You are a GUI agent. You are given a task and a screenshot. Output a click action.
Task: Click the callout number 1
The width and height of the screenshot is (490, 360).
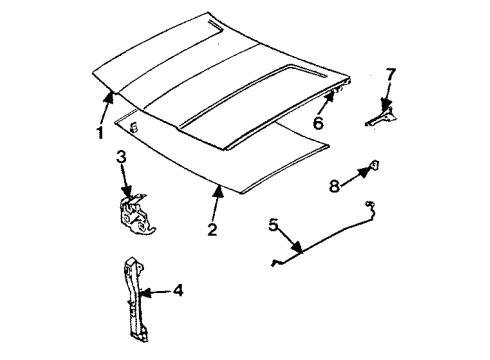pyautogui.click(x=99, y=133)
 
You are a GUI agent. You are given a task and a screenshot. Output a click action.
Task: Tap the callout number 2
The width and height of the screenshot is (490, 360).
pyautogui.click(x=212, y=229)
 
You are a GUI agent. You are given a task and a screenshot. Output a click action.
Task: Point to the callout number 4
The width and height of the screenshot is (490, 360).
pyautogui.click(x=177, y=291)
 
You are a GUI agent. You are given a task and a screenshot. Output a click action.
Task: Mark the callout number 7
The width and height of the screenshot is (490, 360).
pyautogui.click(x=391, y=75)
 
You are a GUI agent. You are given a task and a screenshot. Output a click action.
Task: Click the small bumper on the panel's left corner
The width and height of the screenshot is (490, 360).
pyautogui.click(x=132, y=125)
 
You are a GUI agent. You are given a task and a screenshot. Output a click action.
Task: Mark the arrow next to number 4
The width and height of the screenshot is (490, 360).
pyautogui.click(x=154, y=293)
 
